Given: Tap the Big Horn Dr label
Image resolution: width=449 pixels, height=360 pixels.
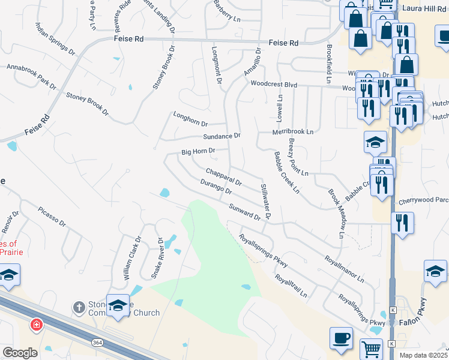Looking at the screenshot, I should point(198,151).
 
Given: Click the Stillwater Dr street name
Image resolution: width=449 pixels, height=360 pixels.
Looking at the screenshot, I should point(265,201).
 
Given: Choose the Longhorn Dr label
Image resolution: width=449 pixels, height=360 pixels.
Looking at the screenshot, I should point(190,119).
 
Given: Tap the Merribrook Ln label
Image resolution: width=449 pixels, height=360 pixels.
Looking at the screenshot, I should point(293,131).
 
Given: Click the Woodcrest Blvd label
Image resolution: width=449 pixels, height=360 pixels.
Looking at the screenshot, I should point(274,85).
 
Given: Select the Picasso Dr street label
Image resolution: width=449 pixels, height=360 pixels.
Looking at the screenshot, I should point(51,217).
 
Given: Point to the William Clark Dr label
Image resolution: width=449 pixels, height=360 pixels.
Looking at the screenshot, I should point(131,258).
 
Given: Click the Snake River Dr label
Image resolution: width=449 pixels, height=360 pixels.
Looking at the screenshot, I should point(158,258).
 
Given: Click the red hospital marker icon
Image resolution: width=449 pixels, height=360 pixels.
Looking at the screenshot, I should point(37,325).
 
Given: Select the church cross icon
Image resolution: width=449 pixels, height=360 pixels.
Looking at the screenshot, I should point(78,308).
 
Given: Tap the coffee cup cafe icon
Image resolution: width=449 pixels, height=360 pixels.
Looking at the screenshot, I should point(341,338).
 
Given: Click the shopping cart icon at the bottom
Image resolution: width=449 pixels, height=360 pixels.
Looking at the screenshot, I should point(371,349).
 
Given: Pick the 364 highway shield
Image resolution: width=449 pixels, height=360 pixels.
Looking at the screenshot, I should point(97,342).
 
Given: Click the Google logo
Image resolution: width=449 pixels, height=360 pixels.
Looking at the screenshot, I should point(20,353).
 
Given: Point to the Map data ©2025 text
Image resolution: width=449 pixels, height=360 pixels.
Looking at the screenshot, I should point(424,355).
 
